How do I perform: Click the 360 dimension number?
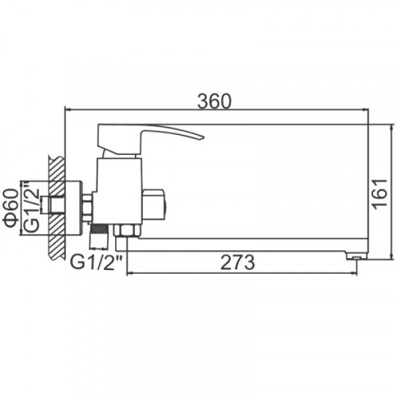click(x=214, y=101)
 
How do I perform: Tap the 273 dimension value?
click(x=237, y=262)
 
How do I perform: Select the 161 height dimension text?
click(x=380, y=195)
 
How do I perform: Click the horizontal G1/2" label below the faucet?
click(x=97, y=262)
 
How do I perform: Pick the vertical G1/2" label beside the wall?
click(x=31, y=206)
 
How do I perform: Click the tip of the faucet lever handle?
click(x=203, y=137)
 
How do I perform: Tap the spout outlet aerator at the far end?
click(x=357, y=256)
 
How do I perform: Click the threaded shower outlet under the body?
click(x=98, y=237)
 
